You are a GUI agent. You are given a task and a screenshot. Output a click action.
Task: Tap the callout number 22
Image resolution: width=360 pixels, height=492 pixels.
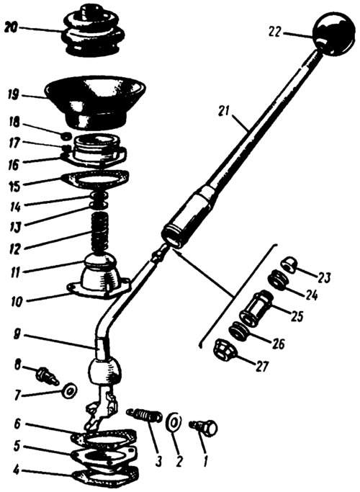276,32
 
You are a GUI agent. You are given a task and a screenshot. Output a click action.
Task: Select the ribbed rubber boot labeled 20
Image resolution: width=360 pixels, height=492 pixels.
91,30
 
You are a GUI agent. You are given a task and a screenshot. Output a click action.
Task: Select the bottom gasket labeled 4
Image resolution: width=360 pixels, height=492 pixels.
105,477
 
